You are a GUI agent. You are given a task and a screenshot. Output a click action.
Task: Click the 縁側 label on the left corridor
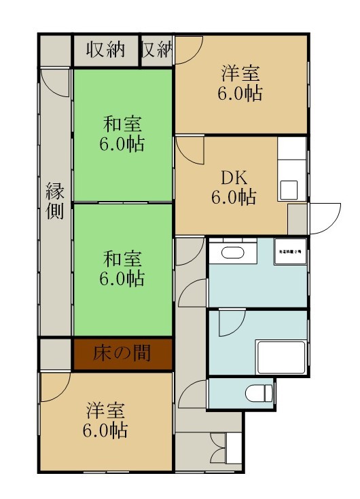(55, 201)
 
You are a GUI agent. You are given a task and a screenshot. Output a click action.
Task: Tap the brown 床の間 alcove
(123, 354)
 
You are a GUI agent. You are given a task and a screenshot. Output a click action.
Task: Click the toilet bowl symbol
(258, 392)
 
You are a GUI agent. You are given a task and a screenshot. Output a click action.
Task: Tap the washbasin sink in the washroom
(232, 253)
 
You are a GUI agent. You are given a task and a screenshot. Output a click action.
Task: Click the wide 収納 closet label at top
(105, 50)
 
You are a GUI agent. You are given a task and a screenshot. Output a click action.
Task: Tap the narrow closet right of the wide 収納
(156, 50)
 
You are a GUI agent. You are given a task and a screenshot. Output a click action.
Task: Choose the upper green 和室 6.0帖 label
(123, 134)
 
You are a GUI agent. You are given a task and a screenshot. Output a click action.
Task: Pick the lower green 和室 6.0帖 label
(123, 268)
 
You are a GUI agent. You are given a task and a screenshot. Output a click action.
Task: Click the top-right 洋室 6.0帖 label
(240, 83)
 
